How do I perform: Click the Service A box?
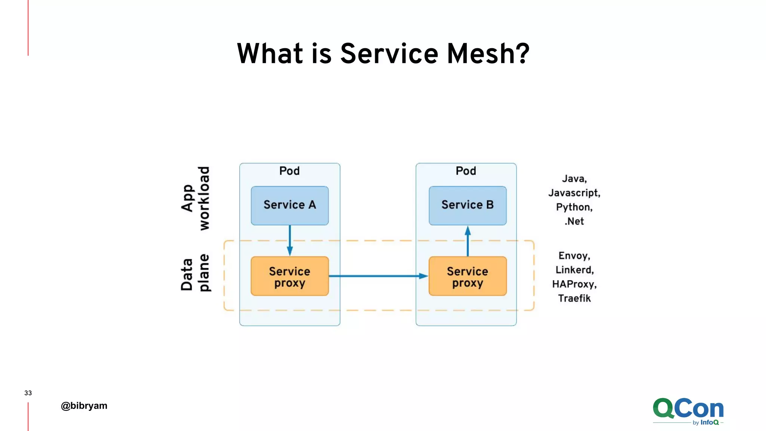coord(289,205)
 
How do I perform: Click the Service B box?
coord(468,205)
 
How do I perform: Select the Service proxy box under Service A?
coord(289,276)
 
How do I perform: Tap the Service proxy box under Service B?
coord(468,276)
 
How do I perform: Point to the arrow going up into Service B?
coord(468,241)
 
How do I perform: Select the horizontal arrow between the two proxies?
coord(378,276)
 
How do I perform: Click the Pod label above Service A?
coord(289,171)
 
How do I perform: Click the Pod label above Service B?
coord(466,171)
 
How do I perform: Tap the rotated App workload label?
coord(195,198)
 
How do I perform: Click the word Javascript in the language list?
coord(574,193)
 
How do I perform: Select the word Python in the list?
coord(574,207)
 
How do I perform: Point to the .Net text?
coord(574,221)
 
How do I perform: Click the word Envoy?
coord(574,256)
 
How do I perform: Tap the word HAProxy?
coord(574,284)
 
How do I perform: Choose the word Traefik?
coord(574,299)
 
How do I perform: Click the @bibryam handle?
coord(84,406)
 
